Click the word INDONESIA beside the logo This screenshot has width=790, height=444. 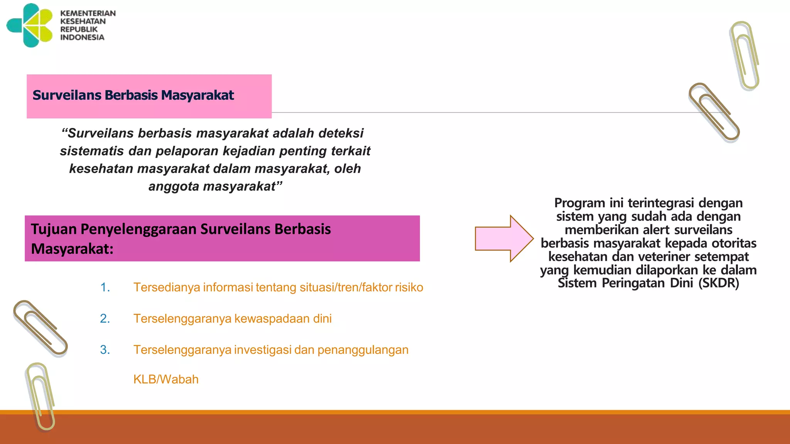[82, 37]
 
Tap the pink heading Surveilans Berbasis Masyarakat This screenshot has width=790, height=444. [133, 95]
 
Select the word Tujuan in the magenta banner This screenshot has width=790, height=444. [54, 229]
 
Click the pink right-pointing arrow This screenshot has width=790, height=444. [504, 239]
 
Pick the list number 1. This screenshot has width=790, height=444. [105, 288]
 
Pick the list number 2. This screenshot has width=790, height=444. [105, 319]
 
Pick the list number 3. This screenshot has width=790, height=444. [105, 350]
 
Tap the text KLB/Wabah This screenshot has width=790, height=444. [166, 380]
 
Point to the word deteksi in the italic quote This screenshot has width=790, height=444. [341, 133]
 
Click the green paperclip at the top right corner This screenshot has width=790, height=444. [744, 56]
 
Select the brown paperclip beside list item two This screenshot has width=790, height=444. [40, 328]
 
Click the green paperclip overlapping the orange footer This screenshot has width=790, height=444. [41, 397]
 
